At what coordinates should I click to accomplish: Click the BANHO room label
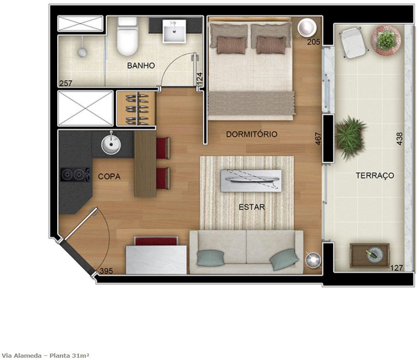tap(141, 65)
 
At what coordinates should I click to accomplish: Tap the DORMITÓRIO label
tap(251, 134)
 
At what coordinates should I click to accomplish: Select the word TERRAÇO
tap(375, 176)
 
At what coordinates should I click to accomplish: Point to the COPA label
tap(109, 177)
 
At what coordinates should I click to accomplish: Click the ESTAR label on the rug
tap(252, 207)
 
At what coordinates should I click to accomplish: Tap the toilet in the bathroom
tap(127, 36)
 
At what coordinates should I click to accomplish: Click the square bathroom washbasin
tap(174, 31)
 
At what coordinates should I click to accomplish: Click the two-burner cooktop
tap(75, 175)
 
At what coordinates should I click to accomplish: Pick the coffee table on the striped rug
tap(251, 181)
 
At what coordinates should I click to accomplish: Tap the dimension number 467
tap(318, 139)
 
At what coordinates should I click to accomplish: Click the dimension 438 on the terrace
tap(399, 139)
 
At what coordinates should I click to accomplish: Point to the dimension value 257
tap(66, 83)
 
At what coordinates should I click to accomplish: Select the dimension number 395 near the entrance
tap(106, 271)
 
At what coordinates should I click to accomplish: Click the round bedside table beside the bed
tap(307, 27)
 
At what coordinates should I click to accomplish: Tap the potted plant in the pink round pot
tap(386, 40)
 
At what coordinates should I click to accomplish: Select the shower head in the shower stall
tap(82, 52)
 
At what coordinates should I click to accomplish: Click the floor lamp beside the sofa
tap(313, 259)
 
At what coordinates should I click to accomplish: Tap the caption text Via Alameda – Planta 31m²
tap(45, 355)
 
